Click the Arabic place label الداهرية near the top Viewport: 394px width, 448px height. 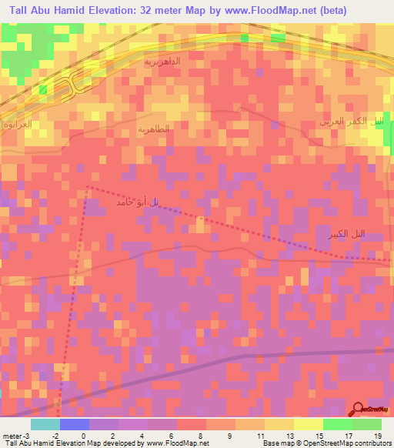tap(162, 59)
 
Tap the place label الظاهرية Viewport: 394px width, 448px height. tap(152, 130)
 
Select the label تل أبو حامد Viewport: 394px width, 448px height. tap(139, 202)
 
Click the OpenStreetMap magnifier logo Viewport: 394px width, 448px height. tap(359, 409)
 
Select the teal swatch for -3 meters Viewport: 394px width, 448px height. tap(45, 423)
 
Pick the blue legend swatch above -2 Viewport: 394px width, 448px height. tap(75, 423)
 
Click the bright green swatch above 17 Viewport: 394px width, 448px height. tap(337, 423)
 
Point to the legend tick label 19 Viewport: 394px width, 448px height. tap(376, 435)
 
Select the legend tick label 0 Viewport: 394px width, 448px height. tap(85, 435)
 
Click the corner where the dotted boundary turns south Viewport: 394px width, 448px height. tap(87, 186)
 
